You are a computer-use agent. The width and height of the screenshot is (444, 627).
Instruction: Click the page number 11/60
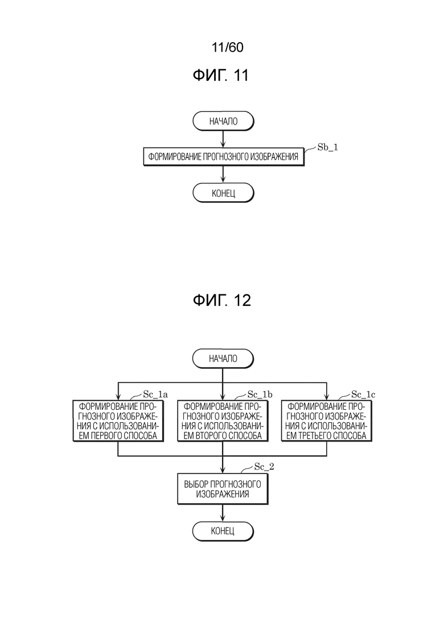click(x=227, y=47)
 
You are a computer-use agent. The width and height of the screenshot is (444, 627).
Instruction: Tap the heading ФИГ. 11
click(x=221, y=75)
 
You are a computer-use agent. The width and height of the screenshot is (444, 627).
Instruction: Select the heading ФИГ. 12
click(x=222, y=300)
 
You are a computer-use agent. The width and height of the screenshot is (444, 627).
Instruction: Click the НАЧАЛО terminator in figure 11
click(x=223, y=121)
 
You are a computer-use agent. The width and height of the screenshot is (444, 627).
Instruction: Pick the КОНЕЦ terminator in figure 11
click(x=223, y=193)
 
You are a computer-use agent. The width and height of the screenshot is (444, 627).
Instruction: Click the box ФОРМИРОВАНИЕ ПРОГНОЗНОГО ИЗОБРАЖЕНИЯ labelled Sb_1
click(x=223, y=157)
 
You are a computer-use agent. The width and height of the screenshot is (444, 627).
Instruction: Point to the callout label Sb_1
click(x=327, y=147)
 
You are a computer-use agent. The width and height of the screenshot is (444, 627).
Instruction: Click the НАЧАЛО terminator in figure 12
click(x=223, y=359)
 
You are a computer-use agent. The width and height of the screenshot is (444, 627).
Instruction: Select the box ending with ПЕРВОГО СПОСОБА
click(x=118, y=421)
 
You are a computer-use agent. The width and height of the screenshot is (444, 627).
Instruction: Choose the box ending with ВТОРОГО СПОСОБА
click(x=223, y=421)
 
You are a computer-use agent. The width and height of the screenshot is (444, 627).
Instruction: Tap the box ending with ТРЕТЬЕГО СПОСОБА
click(x=327, y=421)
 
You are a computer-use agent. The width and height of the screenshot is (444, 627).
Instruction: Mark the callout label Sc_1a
click(x=155, y=395)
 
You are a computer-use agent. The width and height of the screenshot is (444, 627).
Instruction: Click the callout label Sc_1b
click(x=260, y=395)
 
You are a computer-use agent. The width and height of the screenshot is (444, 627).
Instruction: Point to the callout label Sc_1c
click(x=364, y=395)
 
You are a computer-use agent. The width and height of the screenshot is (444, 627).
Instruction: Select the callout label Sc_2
click(x=264, y=467)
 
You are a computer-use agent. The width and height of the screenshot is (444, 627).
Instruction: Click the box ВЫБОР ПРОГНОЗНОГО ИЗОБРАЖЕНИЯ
click(x=223, y=489)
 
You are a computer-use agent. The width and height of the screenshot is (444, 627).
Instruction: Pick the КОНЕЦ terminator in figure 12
click(x=223, y=531)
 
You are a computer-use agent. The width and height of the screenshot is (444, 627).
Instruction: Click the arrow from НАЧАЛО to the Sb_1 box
click(x=223, y=139)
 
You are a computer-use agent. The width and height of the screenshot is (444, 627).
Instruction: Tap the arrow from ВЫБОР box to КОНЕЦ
click(x=223, y=513)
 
